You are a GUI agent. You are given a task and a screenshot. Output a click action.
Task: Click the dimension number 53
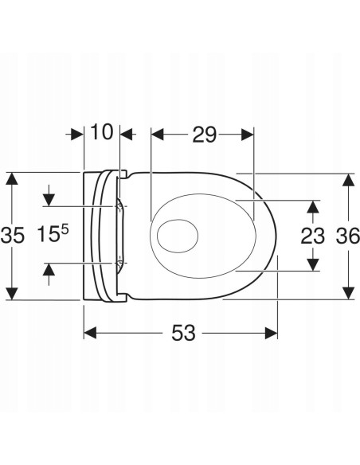(x=183, y=333)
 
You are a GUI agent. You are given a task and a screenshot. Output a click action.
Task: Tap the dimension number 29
(x=205, y=135)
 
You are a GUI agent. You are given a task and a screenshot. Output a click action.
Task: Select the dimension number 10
(x=102, y=131)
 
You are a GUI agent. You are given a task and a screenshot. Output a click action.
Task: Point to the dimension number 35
(x=12, y=236)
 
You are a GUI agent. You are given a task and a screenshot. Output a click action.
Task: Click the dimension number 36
(x=348, y=236)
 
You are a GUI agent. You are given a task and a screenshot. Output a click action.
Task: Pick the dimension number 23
(x=313, y=236)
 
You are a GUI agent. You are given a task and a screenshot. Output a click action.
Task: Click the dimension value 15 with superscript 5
(x=53, y=233)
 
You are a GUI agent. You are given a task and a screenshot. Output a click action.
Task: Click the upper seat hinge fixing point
(x=119, y=205)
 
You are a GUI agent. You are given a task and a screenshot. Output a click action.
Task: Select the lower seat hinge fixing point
(x=119, y=263)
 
